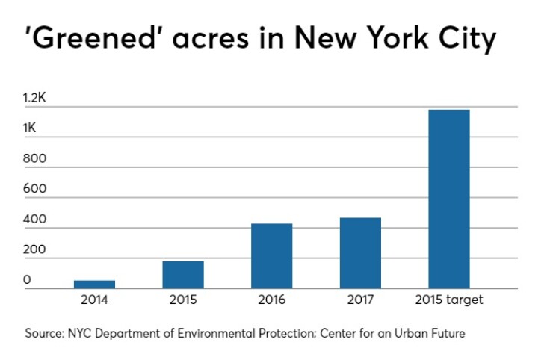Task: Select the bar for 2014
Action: pos(94,285)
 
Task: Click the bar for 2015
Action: pos(183,275)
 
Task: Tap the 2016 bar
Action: pos(271,256)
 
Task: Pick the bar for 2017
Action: pos(360,253)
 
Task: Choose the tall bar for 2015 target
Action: pos(448,199)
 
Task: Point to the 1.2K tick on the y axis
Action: pos(35,98)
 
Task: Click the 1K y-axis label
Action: pos(30,128)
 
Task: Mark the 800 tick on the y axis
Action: pos(34,158)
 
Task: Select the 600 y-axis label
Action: pos(34,189)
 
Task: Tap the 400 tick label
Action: pos(34,220)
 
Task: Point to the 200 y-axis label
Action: pos(34,250)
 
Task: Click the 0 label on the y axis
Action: pos(26,280)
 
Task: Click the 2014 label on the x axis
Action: pos(95,300)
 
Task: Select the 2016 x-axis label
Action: pos(271,300)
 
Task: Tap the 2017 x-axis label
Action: pos(360,300)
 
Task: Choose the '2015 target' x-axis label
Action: pos(448,300)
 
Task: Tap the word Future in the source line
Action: pos(446,334)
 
